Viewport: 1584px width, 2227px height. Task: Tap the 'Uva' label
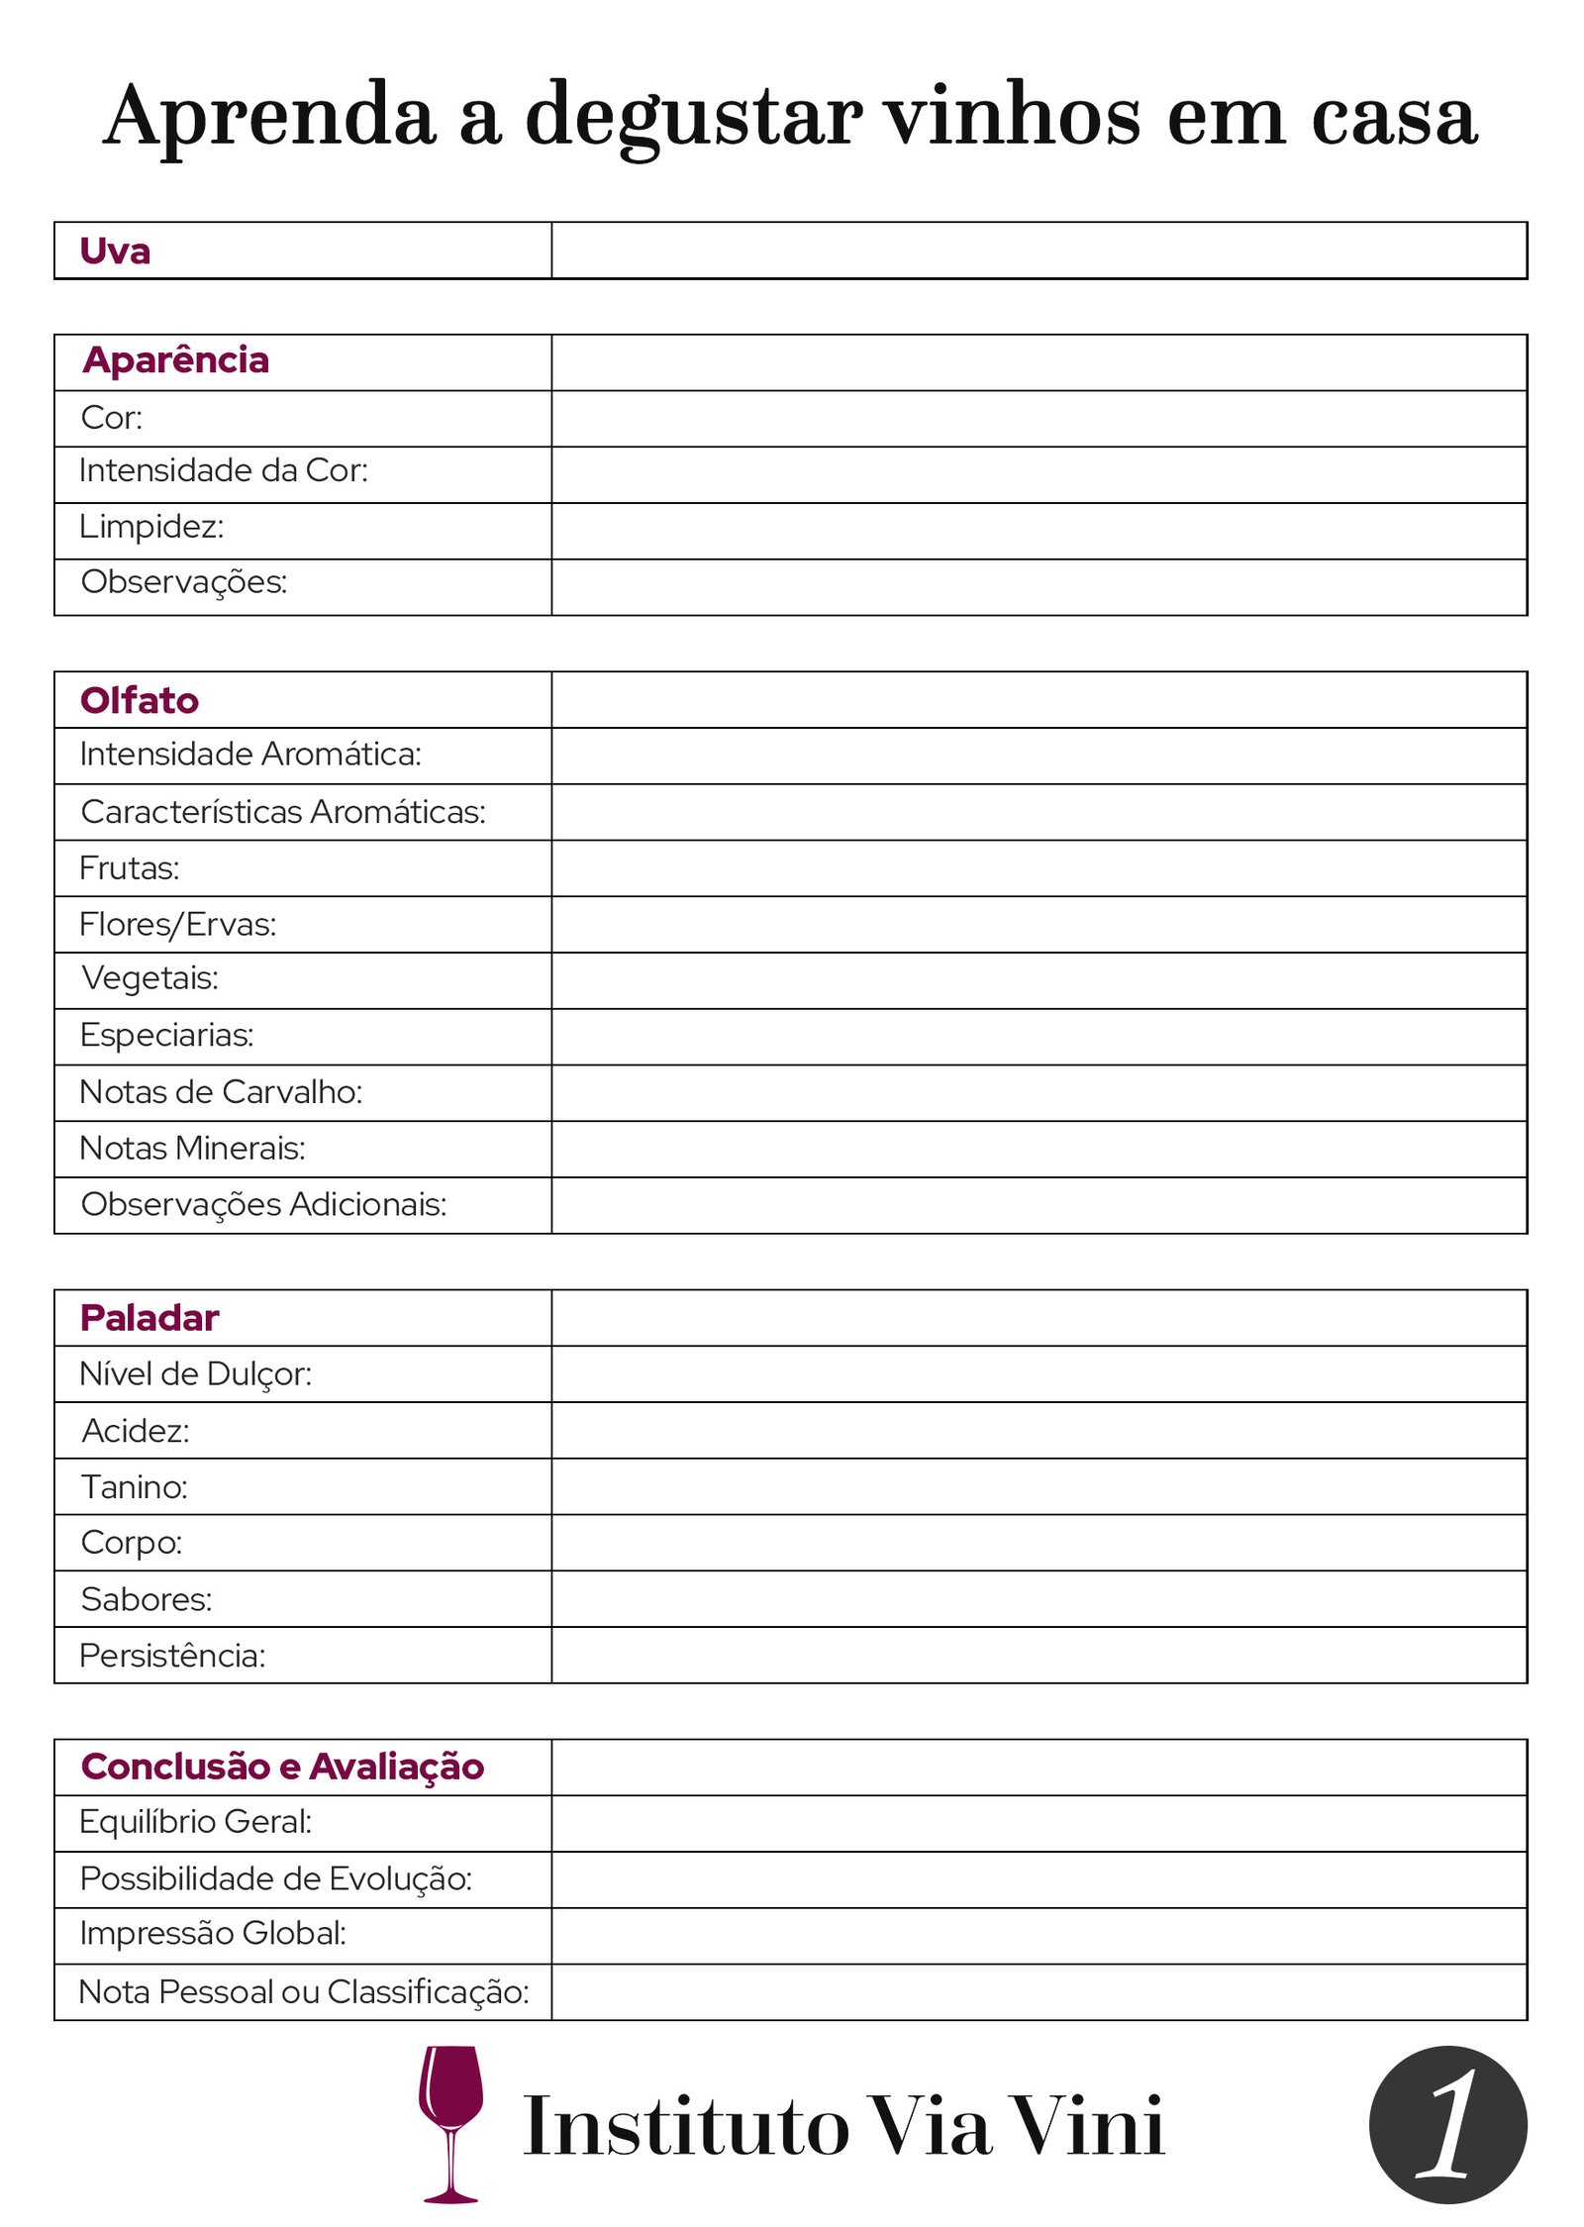click(115, 252)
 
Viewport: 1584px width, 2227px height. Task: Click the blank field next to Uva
click(1038, 251)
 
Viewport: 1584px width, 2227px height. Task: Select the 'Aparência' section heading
click(176, 360)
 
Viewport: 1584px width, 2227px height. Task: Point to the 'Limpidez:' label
click(151, 527)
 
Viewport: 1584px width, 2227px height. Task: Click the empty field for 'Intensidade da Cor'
click(1038, 474)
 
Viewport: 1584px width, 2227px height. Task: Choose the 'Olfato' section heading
click(140, 700)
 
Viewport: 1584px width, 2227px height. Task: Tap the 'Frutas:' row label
click(130, 868)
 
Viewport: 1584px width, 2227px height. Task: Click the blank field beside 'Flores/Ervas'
click(1038, 924)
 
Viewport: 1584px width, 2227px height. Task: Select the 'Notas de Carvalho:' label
click(221, 1092)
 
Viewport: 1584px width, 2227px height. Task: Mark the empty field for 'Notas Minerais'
click(1038, 1149)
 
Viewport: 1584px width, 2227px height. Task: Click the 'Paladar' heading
click(149, 1318)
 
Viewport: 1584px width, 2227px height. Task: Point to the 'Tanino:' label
click(135, 1487)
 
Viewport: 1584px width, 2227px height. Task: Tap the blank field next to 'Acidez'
click(1038, 1430)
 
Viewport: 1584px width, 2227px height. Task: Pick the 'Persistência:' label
click(172, 1656)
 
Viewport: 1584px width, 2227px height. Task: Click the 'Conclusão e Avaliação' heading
click(282, 1767)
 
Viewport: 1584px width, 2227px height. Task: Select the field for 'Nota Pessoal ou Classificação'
click(1038, 1992)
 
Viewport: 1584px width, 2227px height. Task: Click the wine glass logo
click(451, 2122)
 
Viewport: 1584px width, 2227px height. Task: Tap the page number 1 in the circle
click(1447, 2124)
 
